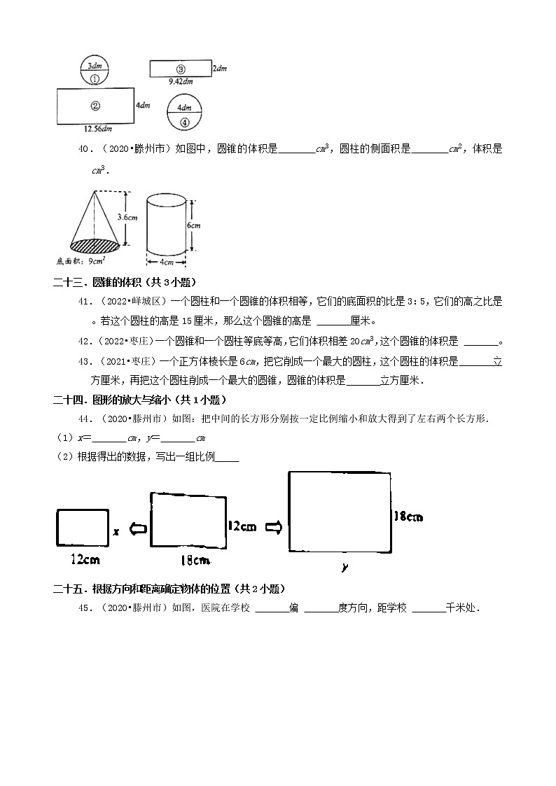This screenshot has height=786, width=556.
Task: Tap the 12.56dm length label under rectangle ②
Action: click(97, 128)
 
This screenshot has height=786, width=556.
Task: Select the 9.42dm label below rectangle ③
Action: click(180, 81)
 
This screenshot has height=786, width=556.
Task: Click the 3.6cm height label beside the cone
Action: click(127, 217)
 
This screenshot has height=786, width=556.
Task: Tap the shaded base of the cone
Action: click(97, 245)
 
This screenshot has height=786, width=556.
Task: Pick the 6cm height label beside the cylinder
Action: click(194, 225)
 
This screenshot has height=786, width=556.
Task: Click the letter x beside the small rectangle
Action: click(116, 532)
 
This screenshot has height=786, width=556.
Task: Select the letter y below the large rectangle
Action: click(345, 567)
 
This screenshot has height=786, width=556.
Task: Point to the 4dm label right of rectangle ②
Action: click(143, 106)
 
